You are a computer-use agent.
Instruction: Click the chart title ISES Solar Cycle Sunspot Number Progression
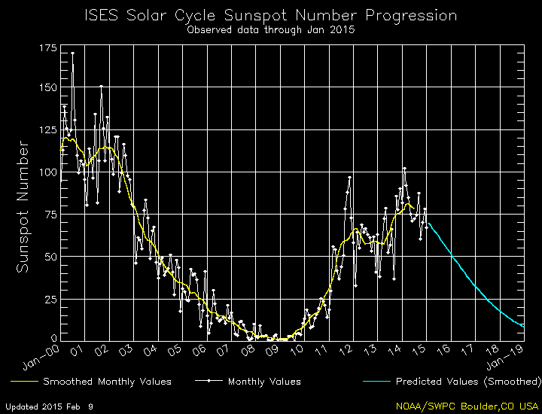pyautogui.click(x=270, y=16)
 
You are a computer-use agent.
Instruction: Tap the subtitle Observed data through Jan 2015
pyautogui.click(x=270, y=30)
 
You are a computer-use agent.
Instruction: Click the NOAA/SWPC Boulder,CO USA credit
pyautogui.click(x=467, y=406)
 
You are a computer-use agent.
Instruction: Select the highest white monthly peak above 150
pyautogui.click(x=72, y=53)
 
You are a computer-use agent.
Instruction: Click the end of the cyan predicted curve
pyautogui.click(x=522, y=326)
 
